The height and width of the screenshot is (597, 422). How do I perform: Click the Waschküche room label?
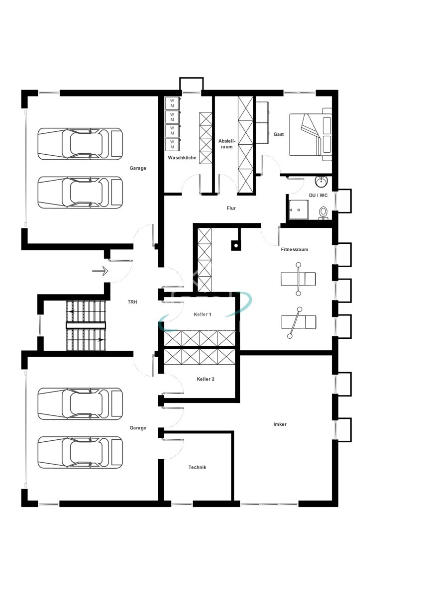point(182,158)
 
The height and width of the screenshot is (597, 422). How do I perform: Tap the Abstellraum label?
point(227,144)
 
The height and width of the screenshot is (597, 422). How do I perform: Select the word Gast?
point(279,134)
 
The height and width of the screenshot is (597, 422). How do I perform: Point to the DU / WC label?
point(318,196)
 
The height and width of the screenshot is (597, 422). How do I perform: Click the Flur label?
point(231,208)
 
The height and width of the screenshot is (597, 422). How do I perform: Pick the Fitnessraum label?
point(294,249)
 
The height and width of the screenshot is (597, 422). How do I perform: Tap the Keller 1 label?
point(203,314)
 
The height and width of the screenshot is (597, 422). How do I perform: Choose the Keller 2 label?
point(206,379)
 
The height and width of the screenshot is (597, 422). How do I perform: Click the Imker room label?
point(280,424)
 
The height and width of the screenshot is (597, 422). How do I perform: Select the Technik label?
point(197,475)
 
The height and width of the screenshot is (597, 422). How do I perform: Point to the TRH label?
point(132,302)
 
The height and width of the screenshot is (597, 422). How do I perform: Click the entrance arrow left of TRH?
point(100,271)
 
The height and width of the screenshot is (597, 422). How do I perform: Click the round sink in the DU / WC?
point(322,182)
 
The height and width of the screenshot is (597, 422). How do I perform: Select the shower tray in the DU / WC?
point(299,210)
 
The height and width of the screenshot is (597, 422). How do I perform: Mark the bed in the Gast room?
point(311,135)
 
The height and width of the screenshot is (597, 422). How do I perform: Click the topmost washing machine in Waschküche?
point(172,103)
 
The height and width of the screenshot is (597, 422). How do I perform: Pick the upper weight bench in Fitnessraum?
point(298,279)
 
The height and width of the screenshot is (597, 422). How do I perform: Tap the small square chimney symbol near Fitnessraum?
point(236,245)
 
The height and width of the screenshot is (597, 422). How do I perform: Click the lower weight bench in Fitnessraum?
point(299,322)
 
